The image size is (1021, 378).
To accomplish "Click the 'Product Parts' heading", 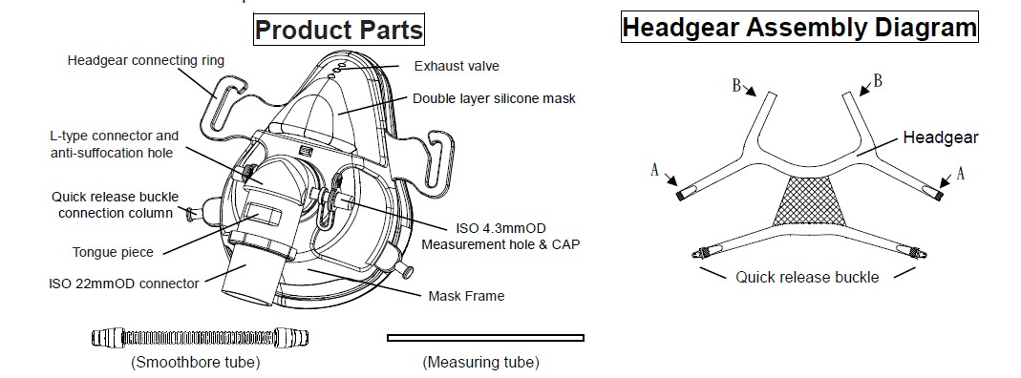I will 338,31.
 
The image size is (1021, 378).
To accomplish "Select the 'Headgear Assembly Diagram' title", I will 798,27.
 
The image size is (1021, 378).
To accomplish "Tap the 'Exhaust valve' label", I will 456,66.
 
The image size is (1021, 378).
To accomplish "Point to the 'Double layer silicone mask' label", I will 494,98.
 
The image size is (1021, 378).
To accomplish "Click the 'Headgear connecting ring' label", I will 146,60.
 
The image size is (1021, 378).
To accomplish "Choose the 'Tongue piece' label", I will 114,252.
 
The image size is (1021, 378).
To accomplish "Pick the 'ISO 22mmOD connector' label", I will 123,283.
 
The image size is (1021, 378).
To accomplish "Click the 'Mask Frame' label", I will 466,296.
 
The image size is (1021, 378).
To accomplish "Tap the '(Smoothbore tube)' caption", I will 195,362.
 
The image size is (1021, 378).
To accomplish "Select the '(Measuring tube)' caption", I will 480,362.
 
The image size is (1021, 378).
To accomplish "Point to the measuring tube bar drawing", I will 485,337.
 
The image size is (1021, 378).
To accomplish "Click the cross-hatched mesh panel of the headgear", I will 811,201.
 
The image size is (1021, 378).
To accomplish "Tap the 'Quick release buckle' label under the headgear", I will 807,277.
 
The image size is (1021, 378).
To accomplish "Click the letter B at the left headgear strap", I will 736,85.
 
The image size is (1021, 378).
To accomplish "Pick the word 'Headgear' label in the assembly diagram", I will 941,137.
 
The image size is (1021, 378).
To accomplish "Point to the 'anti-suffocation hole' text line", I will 113,152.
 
